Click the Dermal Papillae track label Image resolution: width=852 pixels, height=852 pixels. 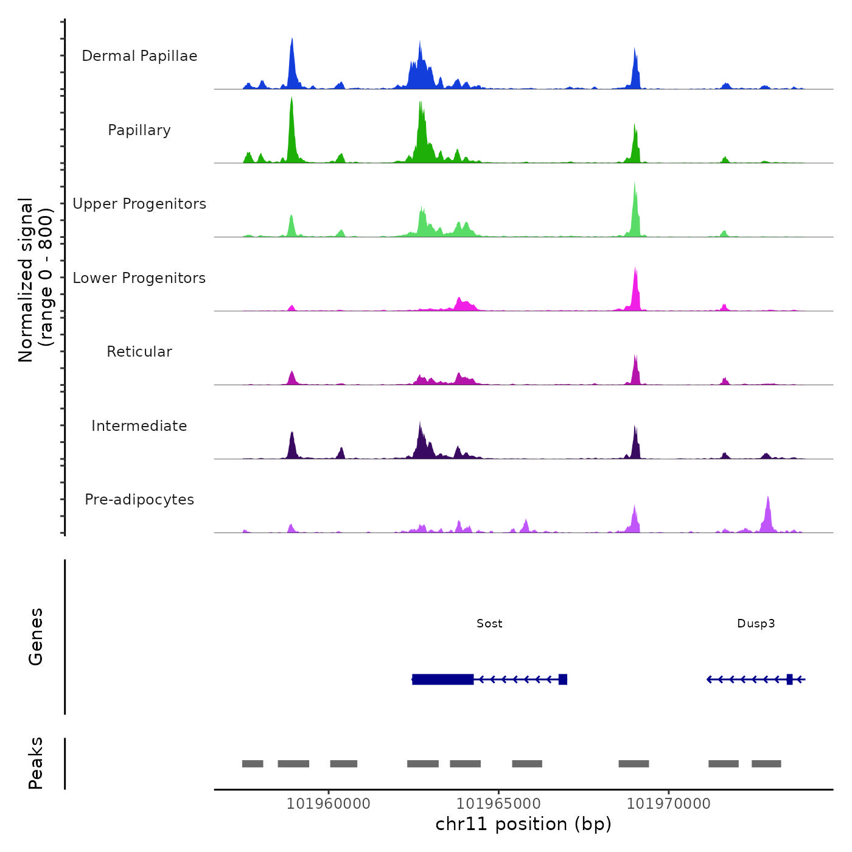coord(139,56)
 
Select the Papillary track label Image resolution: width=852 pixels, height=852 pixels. coord(139,130)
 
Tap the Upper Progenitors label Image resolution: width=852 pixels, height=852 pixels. coord(139,204)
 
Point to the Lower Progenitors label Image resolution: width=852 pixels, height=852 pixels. coord(139,278)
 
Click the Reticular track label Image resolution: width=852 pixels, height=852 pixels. coord(139,352)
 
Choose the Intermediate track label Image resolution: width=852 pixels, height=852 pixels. coord(139,426)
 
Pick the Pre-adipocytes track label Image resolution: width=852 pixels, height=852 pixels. coord(139,500)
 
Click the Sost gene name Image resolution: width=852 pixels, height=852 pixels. coord(489,623)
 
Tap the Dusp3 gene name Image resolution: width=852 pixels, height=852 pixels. coord(756,623)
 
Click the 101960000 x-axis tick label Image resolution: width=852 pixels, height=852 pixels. coord(329,804)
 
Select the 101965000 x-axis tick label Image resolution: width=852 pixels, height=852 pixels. coord(498,804)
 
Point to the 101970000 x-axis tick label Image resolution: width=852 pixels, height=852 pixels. coord(669,804)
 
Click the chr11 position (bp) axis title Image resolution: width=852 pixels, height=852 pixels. coord(523,825)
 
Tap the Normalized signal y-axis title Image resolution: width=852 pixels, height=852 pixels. coord(35,279)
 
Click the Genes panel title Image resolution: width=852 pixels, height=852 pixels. coord(36,637)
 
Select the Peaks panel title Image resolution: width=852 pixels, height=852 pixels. coord(36,763)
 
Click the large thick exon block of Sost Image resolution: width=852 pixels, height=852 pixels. coord(442,679)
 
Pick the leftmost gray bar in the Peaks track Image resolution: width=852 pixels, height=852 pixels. coord(253,764)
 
